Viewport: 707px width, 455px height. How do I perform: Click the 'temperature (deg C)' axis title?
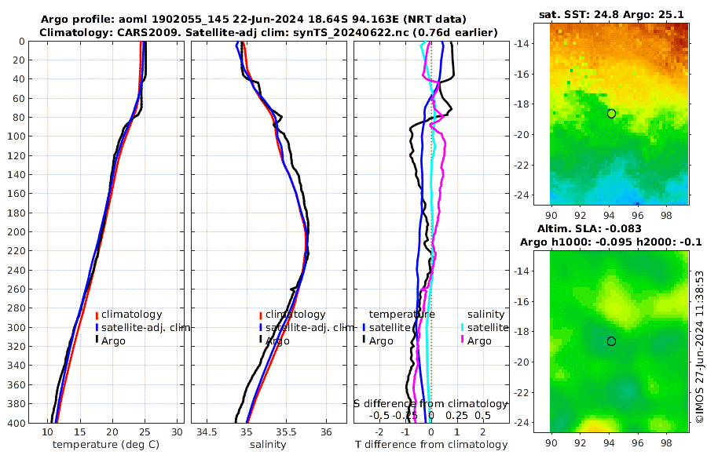[x=107, y=445]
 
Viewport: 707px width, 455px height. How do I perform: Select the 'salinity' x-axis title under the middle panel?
[x=268, y=445]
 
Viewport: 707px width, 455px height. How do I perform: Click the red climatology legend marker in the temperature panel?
[x=97, y=315]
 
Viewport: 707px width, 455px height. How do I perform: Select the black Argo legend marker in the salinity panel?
[x=260, y=340]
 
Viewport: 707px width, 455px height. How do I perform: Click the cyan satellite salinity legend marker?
[x=463, y=327]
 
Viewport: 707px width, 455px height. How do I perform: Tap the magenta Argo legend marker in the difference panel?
[x=463, y=340]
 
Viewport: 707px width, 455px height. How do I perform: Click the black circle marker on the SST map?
[x=611, y=114]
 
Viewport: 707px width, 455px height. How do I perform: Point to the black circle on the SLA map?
[x=611, y=341]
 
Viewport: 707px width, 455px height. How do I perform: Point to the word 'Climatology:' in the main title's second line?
[x=75, y=32]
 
